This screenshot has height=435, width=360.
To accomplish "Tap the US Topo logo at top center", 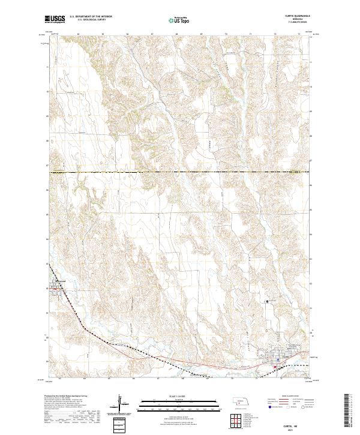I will pos(179,20).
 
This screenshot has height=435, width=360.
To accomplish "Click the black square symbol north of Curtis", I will pos(268,301).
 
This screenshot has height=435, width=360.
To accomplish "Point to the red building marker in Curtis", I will pos(275,366).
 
